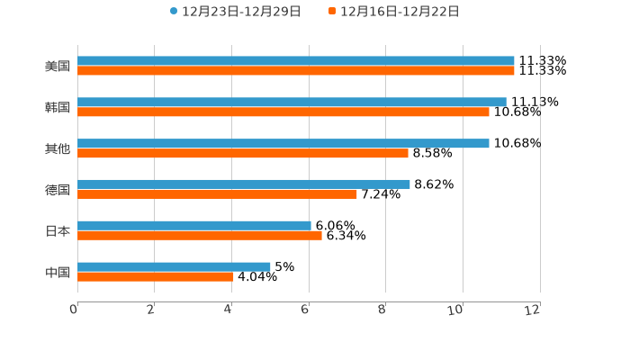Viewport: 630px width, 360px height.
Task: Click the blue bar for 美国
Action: pos(296,61)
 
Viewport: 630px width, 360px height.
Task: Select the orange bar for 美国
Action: pos(296,71)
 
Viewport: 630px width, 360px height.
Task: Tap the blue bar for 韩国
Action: pos(292,103)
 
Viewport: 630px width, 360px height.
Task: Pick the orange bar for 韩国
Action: pos(283,112)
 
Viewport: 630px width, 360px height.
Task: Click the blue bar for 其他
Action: pos(283,143)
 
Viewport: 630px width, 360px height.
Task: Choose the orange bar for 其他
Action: pos(243,153)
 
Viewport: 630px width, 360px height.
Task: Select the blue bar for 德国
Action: pos(244,184)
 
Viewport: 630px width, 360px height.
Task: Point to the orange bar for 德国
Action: pos(217,193)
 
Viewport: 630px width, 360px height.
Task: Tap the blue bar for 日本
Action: pos(194,225)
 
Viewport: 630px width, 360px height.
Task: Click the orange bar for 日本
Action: pos(200,235)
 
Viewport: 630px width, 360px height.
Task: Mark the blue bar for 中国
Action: pos(174,266)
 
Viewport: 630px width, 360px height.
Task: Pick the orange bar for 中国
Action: pos(156,276)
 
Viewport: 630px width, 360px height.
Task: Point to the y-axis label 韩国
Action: pos(58,108)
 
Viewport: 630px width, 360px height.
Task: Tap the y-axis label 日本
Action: pos(58,230)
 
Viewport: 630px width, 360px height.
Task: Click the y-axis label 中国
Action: pos(58,272)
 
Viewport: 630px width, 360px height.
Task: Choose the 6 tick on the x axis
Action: pos(306,310)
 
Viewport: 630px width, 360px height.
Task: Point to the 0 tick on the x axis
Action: pos(75,310)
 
